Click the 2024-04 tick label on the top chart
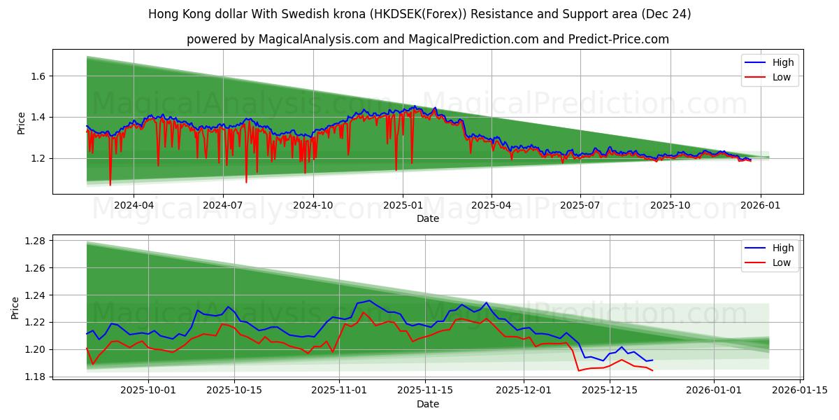[x=133, y=206]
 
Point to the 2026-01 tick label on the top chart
[x=760, y=206]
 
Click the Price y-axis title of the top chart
[x=21, y=122]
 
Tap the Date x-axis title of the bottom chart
[x=428, y=404]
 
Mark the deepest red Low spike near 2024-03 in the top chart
[x=110, y=185]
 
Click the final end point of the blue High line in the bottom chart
[x=652, y=360]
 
